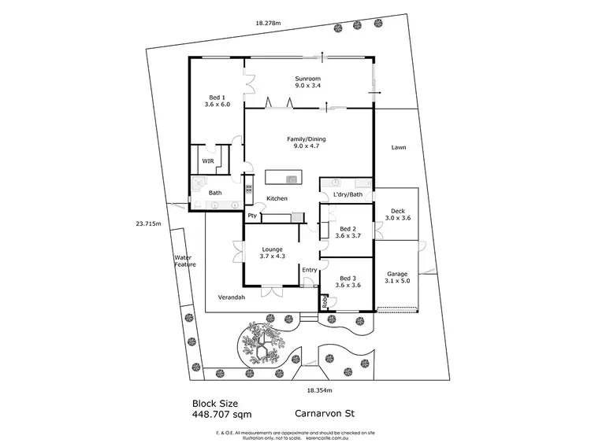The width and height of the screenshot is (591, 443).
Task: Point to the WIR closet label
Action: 208,161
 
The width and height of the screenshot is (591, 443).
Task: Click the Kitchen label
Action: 277,198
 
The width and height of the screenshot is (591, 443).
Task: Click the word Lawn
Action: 398,147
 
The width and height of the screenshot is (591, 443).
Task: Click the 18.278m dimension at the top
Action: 270,23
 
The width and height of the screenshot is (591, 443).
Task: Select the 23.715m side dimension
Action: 147,223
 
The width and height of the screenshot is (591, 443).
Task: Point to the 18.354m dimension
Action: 320,390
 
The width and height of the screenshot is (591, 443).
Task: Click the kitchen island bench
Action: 284,177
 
